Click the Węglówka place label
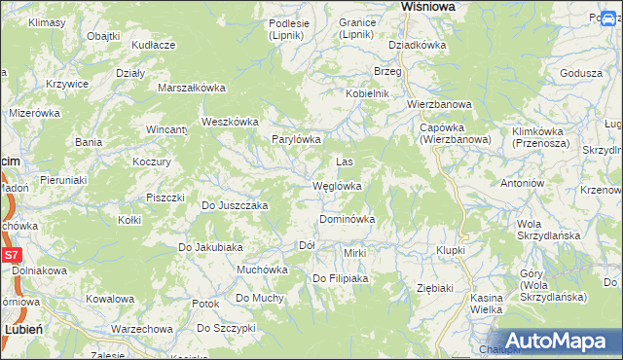pos(337,186)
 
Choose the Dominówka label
pos(347,220)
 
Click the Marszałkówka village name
pos(192,88)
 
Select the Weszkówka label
pos(229,122)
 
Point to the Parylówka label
pos(296,139)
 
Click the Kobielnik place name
pos(367,93)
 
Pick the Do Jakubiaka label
pos(209,247)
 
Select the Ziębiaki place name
pos(435,288)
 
